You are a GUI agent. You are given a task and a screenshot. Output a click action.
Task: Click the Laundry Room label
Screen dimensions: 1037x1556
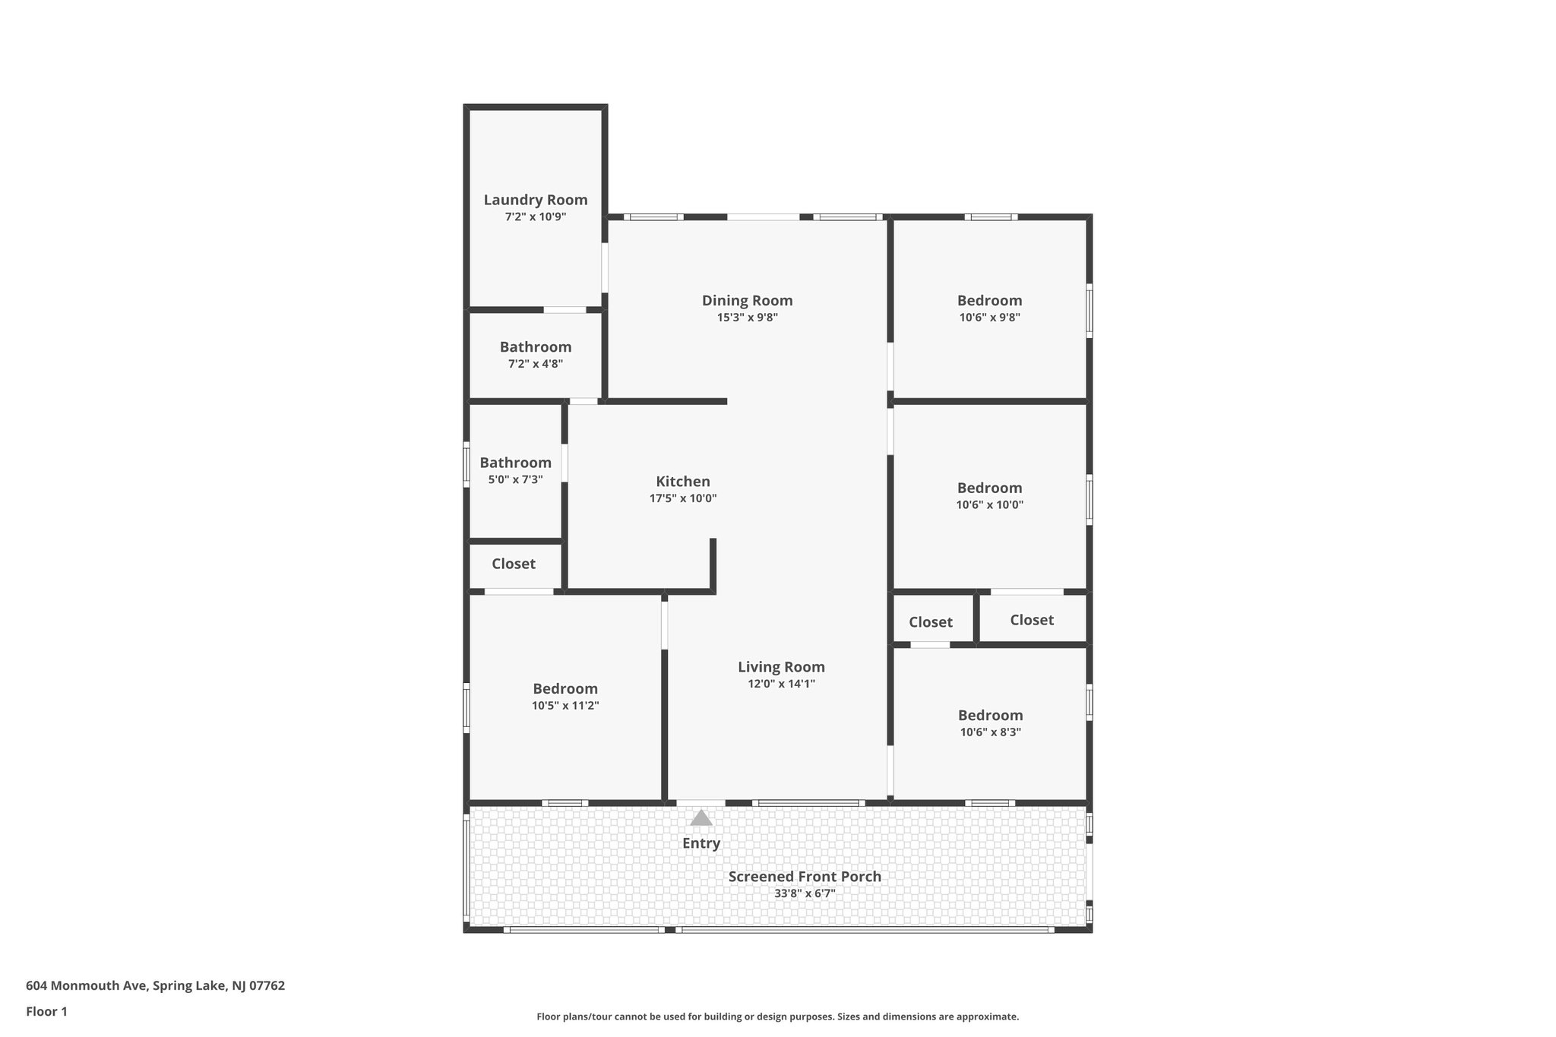point(536,200)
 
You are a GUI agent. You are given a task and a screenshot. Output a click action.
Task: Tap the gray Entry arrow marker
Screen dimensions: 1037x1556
point(701,818)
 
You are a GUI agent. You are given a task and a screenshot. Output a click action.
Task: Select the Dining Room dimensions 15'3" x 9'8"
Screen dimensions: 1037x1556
point(747,318)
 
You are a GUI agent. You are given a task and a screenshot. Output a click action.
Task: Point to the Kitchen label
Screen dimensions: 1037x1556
point(683,482)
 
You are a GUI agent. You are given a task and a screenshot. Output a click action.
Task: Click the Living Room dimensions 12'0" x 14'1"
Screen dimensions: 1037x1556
point(781,684)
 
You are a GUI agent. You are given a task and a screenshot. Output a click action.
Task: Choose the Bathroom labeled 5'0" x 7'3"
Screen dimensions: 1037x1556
point(515,463)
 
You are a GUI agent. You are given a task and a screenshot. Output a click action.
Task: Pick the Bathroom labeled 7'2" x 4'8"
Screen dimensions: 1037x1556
point(536,347)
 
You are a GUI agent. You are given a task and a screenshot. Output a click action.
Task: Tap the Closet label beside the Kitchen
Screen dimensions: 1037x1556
point(514,564)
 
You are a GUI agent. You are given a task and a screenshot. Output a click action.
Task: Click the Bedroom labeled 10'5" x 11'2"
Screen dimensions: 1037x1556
point(565,689)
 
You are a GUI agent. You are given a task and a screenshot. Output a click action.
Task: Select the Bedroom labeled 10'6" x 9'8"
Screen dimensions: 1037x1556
point(989,301)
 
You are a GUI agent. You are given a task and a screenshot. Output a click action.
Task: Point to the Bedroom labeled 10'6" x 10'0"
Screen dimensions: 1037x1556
point(989,488)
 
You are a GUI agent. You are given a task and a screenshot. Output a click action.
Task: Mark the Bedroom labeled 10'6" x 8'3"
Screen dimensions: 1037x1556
point(990,716)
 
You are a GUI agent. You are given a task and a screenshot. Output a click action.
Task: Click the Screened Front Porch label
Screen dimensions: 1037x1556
point(805,877)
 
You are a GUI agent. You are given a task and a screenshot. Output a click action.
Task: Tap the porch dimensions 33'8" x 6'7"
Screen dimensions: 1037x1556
point(805,894)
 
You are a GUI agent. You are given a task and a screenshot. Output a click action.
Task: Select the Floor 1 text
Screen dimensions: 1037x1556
point(46,1012)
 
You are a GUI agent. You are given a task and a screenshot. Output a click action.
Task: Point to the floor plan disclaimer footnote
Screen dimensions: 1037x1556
point(777,1016)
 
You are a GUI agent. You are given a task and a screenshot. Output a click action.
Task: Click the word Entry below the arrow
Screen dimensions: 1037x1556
point(701,843)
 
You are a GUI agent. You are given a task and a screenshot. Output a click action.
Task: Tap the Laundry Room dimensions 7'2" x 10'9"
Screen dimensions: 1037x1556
point(536,217)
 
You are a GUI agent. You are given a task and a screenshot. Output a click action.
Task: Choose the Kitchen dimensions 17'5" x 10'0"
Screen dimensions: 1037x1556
point(683,499)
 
